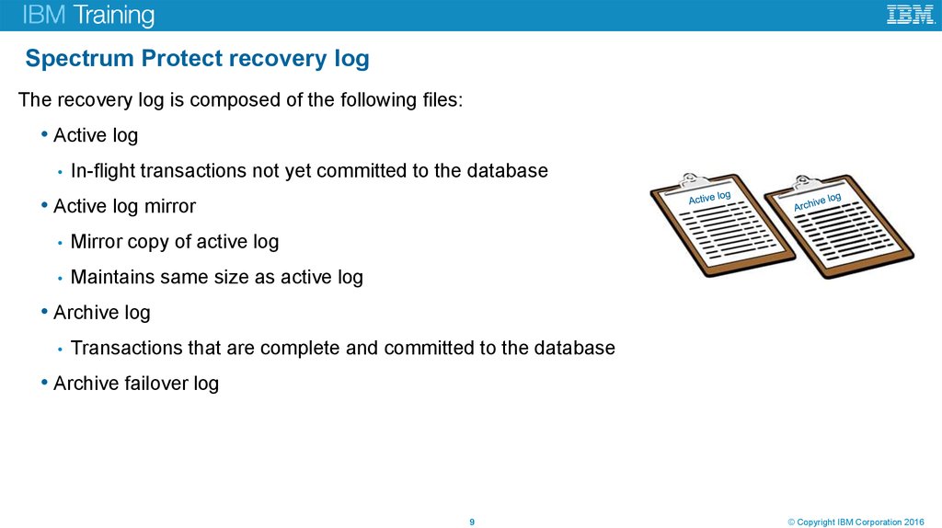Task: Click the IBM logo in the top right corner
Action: (910, 15)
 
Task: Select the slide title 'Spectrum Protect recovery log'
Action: (197, 59)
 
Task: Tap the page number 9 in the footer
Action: (472, 522)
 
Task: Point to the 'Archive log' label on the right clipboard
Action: (817, 202)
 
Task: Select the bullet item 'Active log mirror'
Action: (124, 206)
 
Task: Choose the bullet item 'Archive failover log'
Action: (136, 383)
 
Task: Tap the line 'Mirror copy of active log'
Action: (174, 242)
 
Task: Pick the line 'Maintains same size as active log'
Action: (216, 277)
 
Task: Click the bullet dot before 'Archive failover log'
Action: (45, 382)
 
